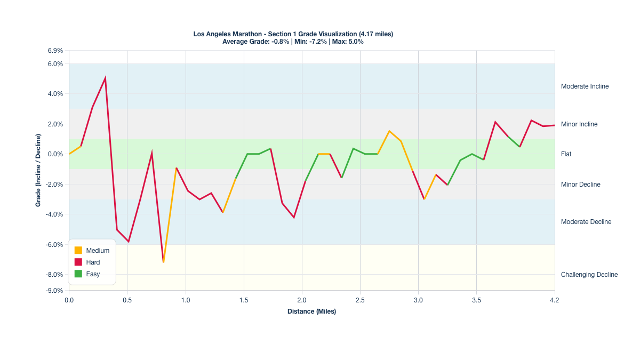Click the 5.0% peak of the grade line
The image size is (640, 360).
(x=105, y=78)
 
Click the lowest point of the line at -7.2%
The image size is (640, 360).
(x=163, y=262)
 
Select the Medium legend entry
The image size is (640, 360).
(x=98, y=250)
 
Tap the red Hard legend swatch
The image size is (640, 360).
(x=78, y=262)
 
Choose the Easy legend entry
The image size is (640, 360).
(x=93, y=274)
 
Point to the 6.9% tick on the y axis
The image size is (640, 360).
(x=55, y=51)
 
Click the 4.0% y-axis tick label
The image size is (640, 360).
(x=55, y=94)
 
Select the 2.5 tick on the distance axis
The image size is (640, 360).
(x=360, y=300)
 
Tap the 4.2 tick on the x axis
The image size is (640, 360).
(x=555, y=300)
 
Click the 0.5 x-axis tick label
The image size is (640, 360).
(x=127, y=300)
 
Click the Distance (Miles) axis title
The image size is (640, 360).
(x=311, y=311)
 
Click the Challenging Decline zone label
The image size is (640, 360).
(x=589, y=275)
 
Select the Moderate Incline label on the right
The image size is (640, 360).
(x=585, y=86)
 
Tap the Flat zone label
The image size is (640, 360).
(x=566, y=154)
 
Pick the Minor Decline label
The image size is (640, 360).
(x=580, y=185)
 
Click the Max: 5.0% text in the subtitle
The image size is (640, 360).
(x=348, y=41)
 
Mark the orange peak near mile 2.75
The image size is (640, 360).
(x=389, y=131)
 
